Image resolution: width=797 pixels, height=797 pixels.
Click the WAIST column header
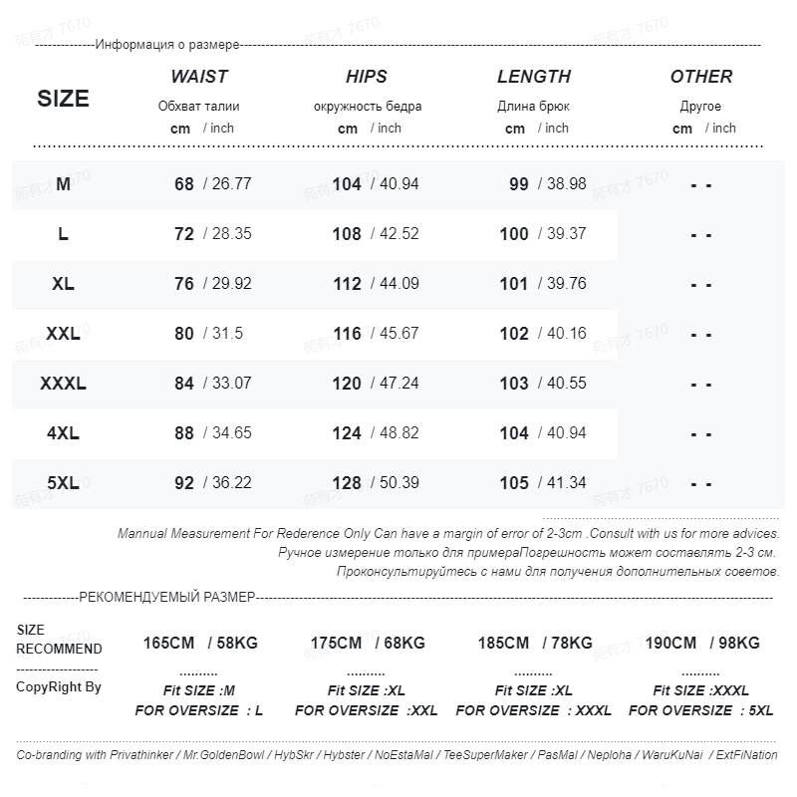coord(199,77)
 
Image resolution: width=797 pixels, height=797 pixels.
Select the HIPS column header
coord(367,77)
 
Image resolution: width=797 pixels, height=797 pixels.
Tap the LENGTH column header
coord(534,77)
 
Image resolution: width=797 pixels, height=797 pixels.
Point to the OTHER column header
coord(701,77)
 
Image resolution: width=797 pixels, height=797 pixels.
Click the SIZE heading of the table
coord(63,99)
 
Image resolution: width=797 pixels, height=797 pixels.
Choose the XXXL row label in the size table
coord(63,384)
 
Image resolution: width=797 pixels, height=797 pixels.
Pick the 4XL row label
coord(63,433)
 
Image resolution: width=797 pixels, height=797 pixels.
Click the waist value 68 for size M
coord(184,184)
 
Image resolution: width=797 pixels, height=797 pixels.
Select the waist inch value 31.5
coord(226,334)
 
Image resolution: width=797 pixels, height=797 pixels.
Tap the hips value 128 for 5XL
coord(347,483)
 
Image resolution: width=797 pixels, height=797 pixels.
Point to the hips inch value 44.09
coord(398,284)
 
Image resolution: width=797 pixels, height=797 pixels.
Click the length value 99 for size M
coord(518,184)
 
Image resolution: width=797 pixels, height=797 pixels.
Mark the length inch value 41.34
coord(566,483)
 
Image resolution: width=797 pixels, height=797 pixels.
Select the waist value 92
coord(184,483)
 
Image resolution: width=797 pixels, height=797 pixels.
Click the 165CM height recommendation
coord(168,644)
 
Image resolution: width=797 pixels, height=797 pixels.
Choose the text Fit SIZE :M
coord(199,690)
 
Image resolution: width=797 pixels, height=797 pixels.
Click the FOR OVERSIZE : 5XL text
coord(701,710)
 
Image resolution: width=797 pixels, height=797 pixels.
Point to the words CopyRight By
coord(59,687)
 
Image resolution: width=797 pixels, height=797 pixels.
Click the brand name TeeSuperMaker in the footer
coord(485,755)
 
